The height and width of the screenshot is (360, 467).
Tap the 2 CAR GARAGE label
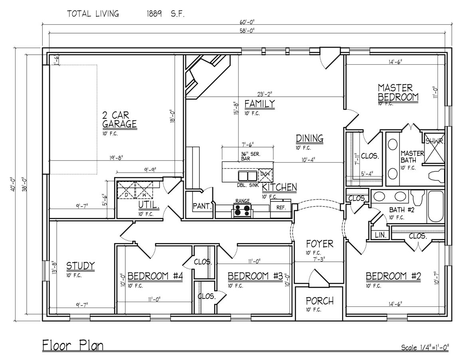coord(119,119)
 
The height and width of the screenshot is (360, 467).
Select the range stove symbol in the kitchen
coord(243,210)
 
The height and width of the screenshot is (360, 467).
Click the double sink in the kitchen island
coord(248,176)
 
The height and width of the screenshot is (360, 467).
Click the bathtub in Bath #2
coord(436,207)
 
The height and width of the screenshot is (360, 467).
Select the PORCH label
coord(319,301)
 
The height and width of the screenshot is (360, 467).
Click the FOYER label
coord(319,244)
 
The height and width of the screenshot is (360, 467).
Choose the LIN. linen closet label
coord(380,236)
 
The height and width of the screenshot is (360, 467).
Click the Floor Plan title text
coord(73,345)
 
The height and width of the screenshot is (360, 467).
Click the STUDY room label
coord(80,266)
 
